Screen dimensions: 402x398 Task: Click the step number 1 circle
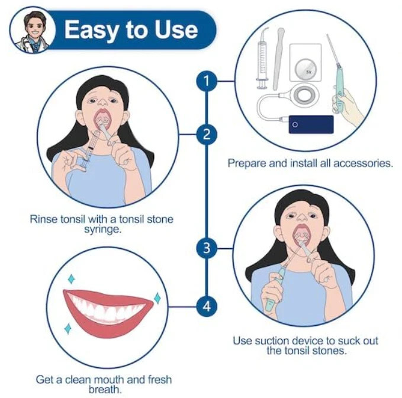pyautogui.click(x=207, y=81)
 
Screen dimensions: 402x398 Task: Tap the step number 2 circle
pyautogui.click(x=207, y=134)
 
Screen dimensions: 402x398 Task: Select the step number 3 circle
pyautogui.click(x=207, y=248)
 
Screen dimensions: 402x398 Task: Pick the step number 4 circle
pyautogui.click(x=207, y=306)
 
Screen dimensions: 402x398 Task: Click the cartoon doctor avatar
pyautogui.click(x=33, y=30)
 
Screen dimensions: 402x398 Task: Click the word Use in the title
pyautogui.click(x=176, y=29)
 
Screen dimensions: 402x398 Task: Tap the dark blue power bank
pyautogui.click(x=311, y=124)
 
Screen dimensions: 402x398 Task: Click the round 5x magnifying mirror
pyautogui.click(x=305, y=70)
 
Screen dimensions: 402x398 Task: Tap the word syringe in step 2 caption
pyautogui.click(x=102, y=230)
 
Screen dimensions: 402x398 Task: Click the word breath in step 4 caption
pyautogui.click(x=105, y=390)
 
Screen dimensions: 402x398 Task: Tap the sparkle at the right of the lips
pyautogui.click(x=157, y=298)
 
